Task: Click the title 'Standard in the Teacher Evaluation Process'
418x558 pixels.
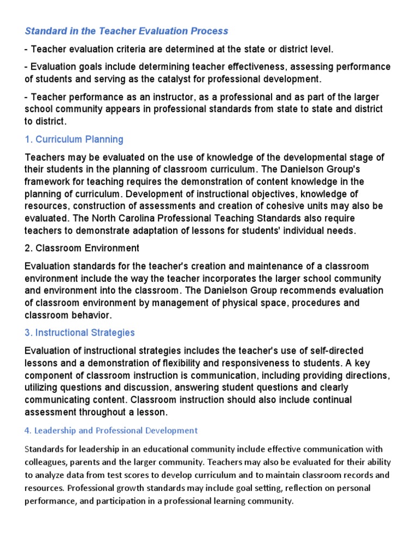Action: [126, 31]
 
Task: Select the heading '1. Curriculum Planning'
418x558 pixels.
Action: [74, 139]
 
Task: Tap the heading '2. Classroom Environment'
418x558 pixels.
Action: [82, 248]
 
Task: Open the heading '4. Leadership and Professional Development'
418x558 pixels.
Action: [111, 430]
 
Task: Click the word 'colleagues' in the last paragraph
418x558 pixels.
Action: [46, 462]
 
